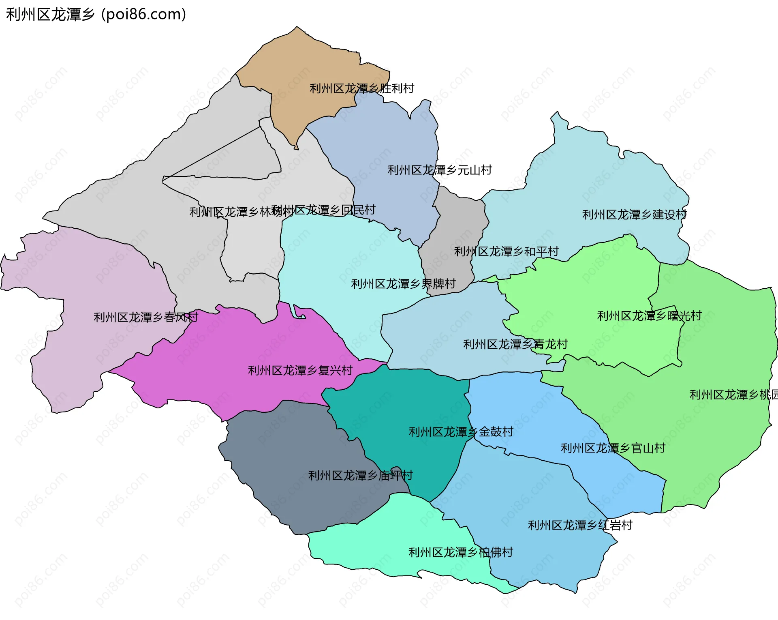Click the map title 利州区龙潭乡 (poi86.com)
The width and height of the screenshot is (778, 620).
point(96,15)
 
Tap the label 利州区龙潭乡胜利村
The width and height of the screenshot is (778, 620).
point(361,88)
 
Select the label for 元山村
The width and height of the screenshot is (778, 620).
point(440,170)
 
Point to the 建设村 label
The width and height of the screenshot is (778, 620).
point(634,215)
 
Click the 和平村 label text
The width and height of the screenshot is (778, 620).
point(506,251)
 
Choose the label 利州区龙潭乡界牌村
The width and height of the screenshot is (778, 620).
point(403,284)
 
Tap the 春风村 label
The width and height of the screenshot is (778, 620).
point(146,317)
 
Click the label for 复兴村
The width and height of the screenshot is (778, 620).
point(300,370)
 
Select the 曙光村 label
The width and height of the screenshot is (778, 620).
point(649,316)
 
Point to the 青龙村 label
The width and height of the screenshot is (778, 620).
point(515,344)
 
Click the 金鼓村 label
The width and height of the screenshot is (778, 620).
point(461,432)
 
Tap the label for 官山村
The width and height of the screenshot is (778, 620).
point(613,448)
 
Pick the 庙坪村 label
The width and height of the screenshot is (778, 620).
point(360,475)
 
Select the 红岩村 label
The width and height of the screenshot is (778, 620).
point(580,525)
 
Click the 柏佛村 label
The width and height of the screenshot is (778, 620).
point(461,552)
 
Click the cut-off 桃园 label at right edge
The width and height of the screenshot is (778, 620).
point(733,395)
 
